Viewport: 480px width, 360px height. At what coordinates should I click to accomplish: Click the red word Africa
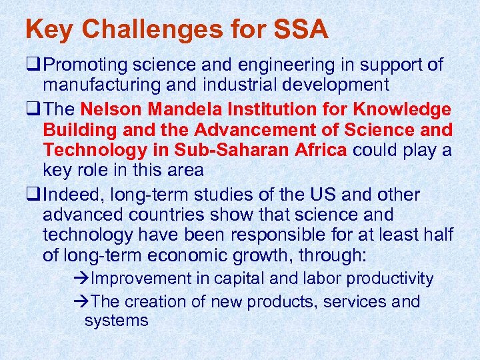tap(317, 149)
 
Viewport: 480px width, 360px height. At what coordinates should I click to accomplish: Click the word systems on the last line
tap(116, 321)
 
